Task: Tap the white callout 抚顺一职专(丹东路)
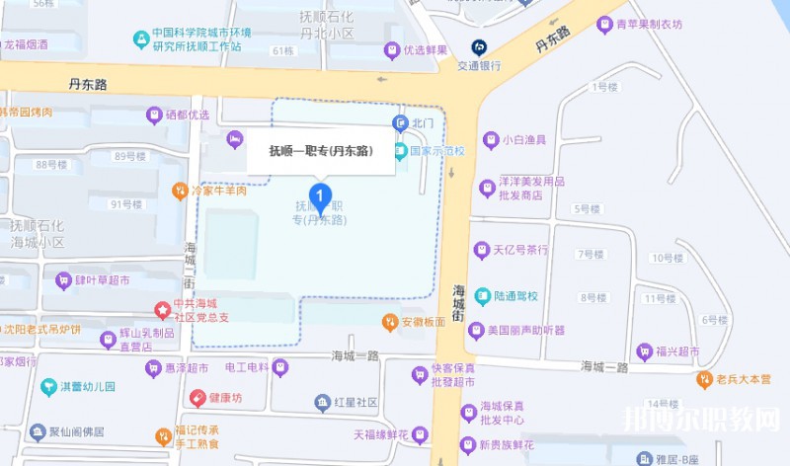point(321,151)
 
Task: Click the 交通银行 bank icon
point(479,46)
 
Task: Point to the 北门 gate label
point(424,122)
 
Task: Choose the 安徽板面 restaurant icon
point(391,322)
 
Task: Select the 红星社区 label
point(355,403)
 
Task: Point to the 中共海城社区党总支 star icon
point(163,310)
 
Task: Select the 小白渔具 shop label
point(523,140)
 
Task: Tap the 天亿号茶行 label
point(519,250)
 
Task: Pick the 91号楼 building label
point(127,204)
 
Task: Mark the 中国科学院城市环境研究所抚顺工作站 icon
point(142,39)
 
